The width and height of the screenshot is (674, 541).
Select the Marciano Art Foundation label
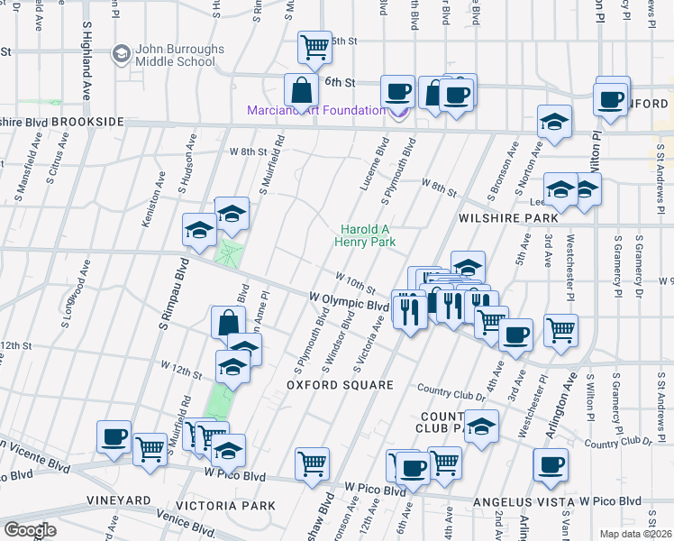[x=316, y=111]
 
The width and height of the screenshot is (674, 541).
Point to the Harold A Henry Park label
[x=365, y=235]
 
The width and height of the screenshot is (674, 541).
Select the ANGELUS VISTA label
[x=524, y=501]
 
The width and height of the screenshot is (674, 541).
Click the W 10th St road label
[x=355, y=282]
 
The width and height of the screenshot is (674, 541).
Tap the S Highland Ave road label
[x=88, y=49]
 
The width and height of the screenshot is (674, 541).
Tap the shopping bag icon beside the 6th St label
[x=300, y=90]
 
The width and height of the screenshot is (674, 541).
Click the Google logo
[x=30, y=530]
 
